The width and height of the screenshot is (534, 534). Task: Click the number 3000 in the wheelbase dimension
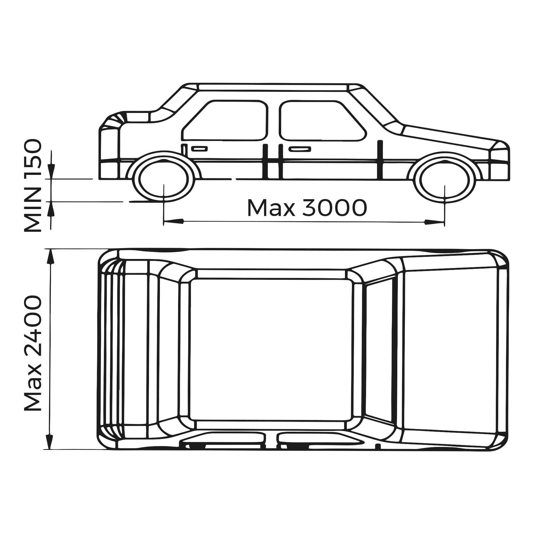click(x=335, y=208)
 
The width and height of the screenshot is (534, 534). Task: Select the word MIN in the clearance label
click(x=33, y=210)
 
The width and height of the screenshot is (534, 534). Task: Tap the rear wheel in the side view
click(x=164, y=179)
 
